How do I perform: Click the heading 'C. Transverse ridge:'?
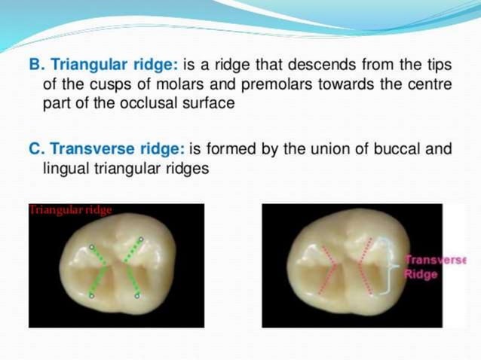(105, 150)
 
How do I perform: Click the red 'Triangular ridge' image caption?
(70, 210)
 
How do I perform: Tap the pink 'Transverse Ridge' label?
(434, 267)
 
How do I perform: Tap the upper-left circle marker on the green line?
(92, 246)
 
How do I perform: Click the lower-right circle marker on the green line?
(136, 296)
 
